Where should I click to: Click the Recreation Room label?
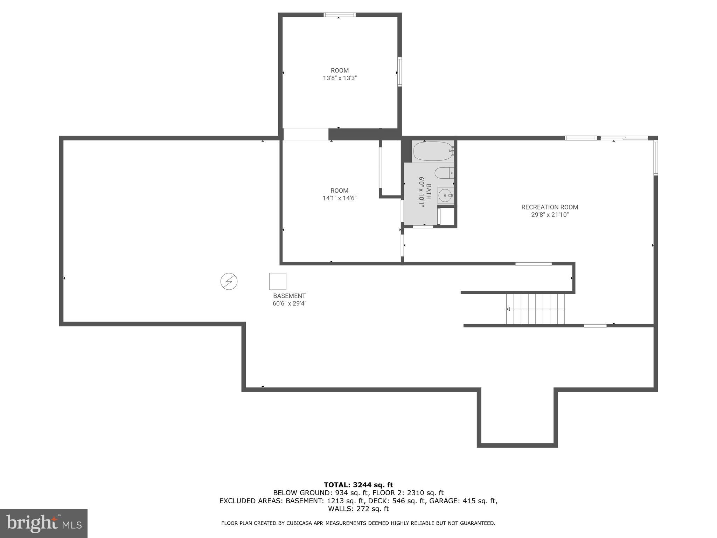tap(549, 207)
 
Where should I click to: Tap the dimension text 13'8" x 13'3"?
tap(340, 78)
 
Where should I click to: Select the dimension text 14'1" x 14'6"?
tap(339, 198)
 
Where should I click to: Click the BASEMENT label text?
tap(289, 296)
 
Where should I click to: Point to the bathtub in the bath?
tap(433, 151)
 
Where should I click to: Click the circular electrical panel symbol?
tap(229, 281)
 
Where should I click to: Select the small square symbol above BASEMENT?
tap(278, 281)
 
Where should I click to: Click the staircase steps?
tap(536, 309)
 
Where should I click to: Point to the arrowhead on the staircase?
tap(508, 309)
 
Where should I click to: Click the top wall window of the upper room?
tap(339, 15)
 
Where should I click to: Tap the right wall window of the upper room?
tap(399, 72)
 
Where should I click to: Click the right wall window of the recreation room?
tap(656, 157)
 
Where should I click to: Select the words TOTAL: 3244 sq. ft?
tap(358, 485)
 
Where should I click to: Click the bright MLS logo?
tap(44, 523)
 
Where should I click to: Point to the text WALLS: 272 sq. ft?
tap(358, 509)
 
